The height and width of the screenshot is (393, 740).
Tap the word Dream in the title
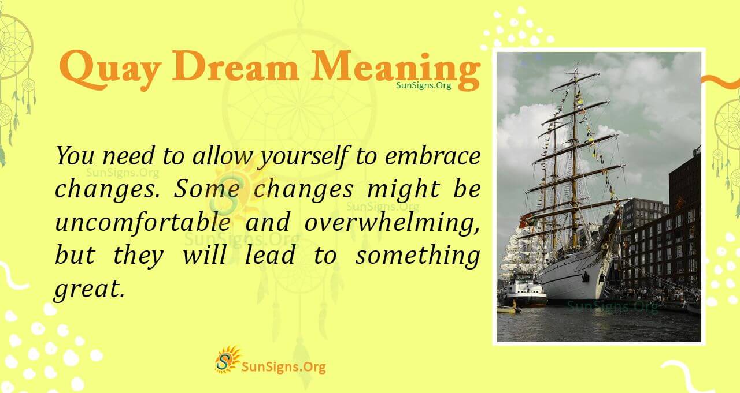(x=235, y=66)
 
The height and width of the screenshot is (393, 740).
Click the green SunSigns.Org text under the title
(x=424, y=85)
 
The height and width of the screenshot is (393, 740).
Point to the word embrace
(x=432, y=156)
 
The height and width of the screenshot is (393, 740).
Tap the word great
(x=89, y=289)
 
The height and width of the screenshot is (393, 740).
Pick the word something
(x=417, y=256)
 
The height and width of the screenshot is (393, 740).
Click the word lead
(x=270, y=255)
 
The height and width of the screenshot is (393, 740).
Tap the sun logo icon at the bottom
(x=227, y=359)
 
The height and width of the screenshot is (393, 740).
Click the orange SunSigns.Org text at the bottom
(x=284, y=366)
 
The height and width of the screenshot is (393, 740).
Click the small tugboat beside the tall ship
(x=523, y=291)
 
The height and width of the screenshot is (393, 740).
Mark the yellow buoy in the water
(x=507, y=309)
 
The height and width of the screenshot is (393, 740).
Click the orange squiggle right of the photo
(x=720, y=81)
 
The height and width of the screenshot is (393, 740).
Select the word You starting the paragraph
(x=75, y=156)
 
